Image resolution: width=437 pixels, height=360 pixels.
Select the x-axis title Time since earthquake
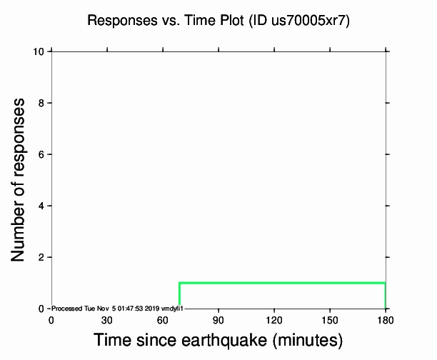click(x=218, y=340)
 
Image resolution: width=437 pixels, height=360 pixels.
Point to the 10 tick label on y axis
click(x=40, y=51)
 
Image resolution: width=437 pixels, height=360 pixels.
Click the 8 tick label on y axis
click(x=42, y=103)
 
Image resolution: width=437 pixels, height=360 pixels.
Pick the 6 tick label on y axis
click(x=42, y=154)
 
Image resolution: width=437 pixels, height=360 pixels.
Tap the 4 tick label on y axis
click(x=42, y=206)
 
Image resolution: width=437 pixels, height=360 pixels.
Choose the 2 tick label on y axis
click(x=42, y=257)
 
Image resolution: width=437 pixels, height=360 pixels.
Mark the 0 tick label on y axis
click(x=42, y=309)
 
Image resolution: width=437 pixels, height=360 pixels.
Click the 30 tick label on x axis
click(x=107, y=319)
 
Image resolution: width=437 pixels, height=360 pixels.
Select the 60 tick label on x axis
click(x=163, y=319)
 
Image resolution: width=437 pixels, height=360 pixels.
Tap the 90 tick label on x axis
click(x=218, y=319)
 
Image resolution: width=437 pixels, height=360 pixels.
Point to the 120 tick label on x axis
click(x=274, y=319)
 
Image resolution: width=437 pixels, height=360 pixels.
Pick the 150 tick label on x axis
click(x=330, y=319)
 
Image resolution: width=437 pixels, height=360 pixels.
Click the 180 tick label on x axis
click(x=386, y=319)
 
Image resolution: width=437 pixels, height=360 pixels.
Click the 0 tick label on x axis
click(x=51, y=319)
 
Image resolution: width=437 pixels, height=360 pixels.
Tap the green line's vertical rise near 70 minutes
click(x=179, y=296)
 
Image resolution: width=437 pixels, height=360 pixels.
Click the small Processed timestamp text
click(x=118, y=308)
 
